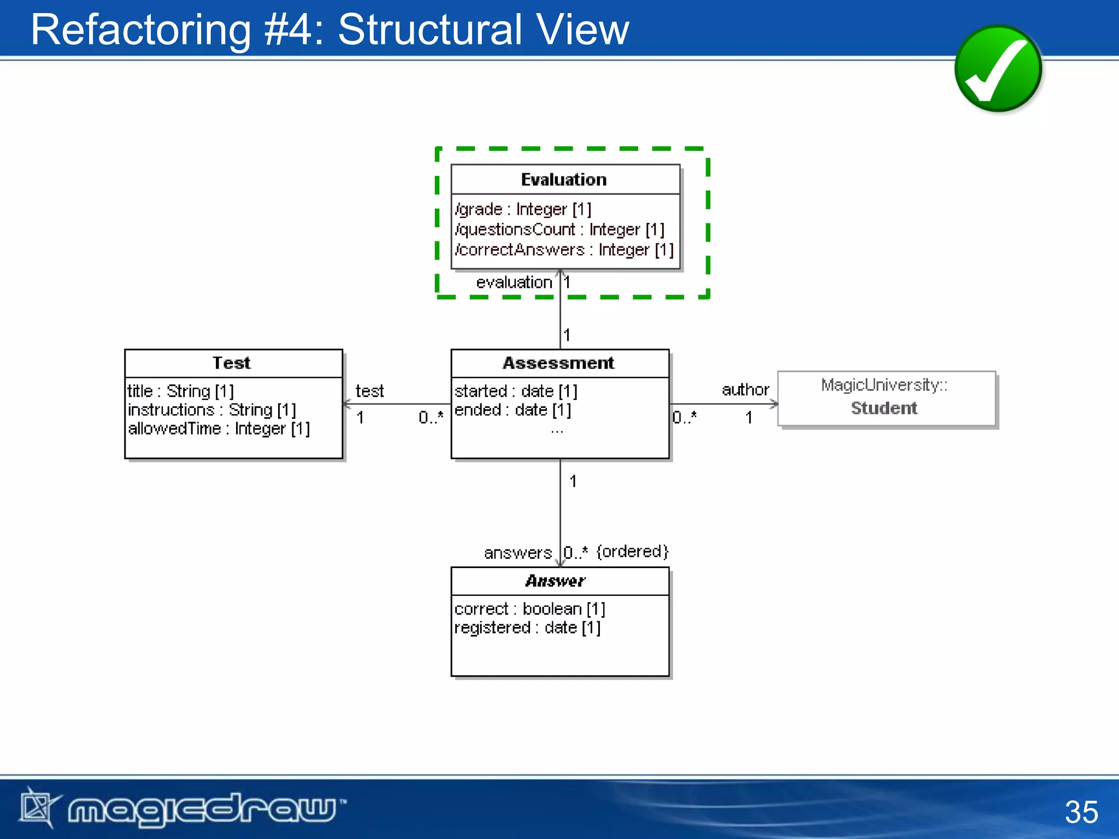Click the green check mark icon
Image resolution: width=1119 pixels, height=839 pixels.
coord(998,69)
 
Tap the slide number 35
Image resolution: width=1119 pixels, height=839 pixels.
coord(1081,812)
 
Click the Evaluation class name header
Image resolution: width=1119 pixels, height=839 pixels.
coord(564,180)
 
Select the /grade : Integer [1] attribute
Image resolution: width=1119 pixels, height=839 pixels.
coord(523,209)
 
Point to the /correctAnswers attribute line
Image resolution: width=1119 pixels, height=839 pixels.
coord(564,250)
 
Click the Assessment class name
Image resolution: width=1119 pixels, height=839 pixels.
coord(558,363)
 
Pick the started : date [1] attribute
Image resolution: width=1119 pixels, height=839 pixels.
coord(515,391)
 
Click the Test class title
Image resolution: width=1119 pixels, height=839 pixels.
coord(232,363)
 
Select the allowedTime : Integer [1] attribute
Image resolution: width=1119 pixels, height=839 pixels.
coord(219,429)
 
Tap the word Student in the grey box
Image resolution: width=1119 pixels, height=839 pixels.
coord(884,408)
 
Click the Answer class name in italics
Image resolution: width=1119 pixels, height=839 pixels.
coord(555,581)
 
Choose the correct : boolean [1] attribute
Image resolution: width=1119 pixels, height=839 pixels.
coord(529,608)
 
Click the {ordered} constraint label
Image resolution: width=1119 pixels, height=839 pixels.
coord(632,551)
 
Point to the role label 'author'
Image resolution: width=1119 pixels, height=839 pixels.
coord(745,389)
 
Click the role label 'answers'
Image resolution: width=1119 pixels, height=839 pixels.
coord(517,553)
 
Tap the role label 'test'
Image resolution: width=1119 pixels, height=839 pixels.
coord(369,391)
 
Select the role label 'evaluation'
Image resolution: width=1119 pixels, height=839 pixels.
coord(514,282)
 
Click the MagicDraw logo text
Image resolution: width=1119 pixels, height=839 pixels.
coord(202,809)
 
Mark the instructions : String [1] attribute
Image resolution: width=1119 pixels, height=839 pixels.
coord(211,410)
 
